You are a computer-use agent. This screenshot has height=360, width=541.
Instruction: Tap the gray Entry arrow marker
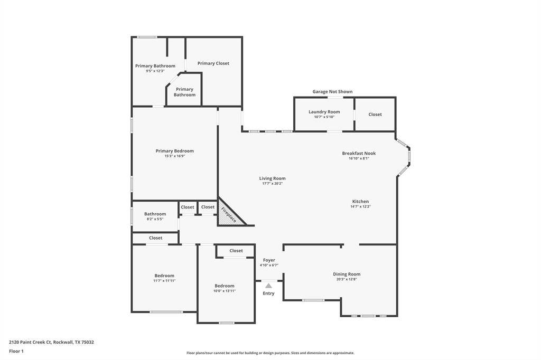268,286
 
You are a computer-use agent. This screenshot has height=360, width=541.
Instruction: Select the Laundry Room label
324,112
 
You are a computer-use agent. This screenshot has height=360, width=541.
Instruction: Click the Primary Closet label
213,63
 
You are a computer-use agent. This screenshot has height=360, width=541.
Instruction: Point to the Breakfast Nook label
359,153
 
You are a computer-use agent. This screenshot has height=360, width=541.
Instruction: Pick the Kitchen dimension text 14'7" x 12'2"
360,206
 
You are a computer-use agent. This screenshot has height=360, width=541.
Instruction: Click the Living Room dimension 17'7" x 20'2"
272,184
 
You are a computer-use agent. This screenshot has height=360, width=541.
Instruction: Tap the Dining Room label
347,274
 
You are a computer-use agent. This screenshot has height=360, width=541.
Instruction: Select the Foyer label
269,260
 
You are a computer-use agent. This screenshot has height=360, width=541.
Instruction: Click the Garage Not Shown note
333,91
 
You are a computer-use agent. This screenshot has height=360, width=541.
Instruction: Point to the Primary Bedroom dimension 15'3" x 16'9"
174,156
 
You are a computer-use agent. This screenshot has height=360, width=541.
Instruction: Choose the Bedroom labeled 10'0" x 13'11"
224,286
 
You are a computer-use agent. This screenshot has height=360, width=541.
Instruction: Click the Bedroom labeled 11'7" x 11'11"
164,276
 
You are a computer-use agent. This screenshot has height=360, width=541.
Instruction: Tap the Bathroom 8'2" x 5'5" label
155,214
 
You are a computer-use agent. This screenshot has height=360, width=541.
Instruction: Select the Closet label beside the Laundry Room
375,114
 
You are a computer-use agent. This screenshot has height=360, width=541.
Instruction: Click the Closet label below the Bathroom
156,238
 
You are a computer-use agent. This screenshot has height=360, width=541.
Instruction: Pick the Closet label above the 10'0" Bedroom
236,251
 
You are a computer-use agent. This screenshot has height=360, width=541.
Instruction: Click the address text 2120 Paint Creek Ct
30,342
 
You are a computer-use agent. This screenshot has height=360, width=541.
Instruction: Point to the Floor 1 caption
16,351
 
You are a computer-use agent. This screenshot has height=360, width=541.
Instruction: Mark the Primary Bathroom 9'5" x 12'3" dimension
155,71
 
